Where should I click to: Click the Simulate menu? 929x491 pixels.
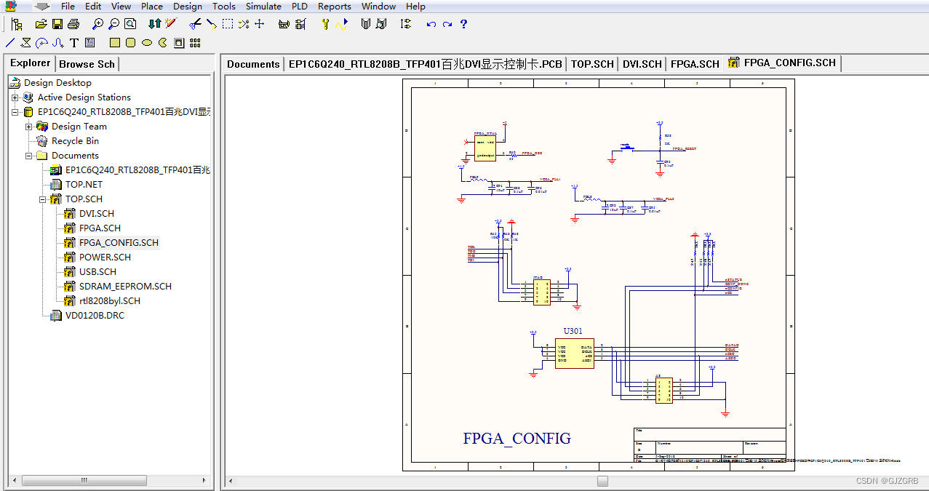[263, 7]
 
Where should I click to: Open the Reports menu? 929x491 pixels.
[334, 7]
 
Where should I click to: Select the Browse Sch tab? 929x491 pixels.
[87, 64]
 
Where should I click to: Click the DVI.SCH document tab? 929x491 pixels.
[642, 64]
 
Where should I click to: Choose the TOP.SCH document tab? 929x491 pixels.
[592, 64]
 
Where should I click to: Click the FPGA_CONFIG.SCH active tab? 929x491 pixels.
[789, 63]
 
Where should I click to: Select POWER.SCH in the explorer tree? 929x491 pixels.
[105, 257]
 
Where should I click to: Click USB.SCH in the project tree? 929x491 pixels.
[97, 271]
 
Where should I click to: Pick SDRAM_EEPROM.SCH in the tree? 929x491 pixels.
[125, 286]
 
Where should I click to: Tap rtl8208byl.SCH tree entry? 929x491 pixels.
[109, 300]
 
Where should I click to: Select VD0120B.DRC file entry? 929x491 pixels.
[95, 315]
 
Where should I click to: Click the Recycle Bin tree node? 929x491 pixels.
[75, 140]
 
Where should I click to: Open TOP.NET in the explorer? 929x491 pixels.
[84, 184]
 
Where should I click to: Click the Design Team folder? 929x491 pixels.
[79, 126]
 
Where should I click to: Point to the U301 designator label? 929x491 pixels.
[573, 332]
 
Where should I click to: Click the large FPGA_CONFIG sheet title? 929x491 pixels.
[517, 439]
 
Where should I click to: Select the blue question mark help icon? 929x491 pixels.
[463, 24]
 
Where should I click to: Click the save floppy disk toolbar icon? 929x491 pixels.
[57, 24]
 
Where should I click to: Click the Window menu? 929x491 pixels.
[378, 7]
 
